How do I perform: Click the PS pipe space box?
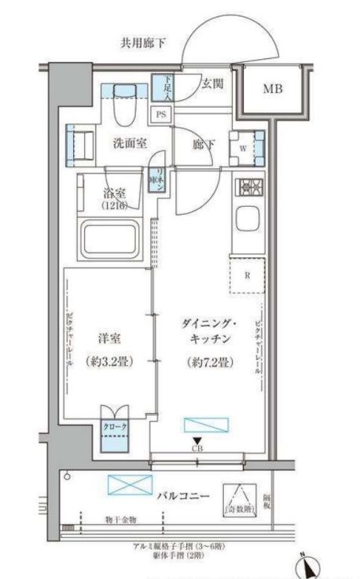161,113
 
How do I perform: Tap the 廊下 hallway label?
202,144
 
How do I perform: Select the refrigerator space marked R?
247,275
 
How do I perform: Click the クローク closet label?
115,427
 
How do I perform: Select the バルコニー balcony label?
182,496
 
